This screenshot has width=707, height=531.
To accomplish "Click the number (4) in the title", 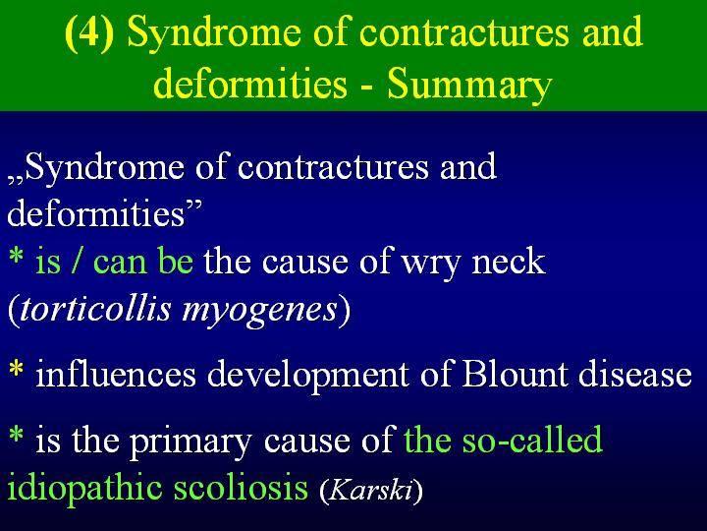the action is pyautogui.click(x=89, y=32).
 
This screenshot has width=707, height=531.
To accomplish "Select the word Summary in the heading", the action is pyautogui.click(x=469, y=86).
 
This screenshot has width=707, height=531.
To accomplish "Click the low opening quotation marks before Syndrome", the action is pyautogui.click(x=16, y=181).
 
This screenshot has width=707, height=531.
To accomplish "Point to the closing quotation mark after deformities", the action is pyautogui.click(x=194, y=205).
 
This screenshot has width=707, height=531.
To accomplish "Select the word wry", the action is pyautogui.click(x=432, y=264).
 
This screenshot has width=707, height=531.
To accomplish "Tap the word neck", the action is pyautogui.click(x=509, y=261).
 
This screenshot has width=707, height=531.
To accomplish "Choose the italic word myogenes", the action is pyautogui.click(x=259, y=312).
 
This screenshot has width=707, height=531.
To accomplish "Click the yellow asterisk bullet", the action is pyautogui.click(x=17, y=369).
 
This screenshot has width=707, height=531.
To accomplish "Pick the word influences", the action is pyautogui.click(x=116, y=374).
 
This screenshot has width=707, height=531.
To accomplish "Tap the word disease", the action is pyautogui.click(x=635, y=374).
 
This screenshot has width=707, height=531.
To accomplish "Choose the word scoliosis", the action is pyautogui.click(x=241, y=487).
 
